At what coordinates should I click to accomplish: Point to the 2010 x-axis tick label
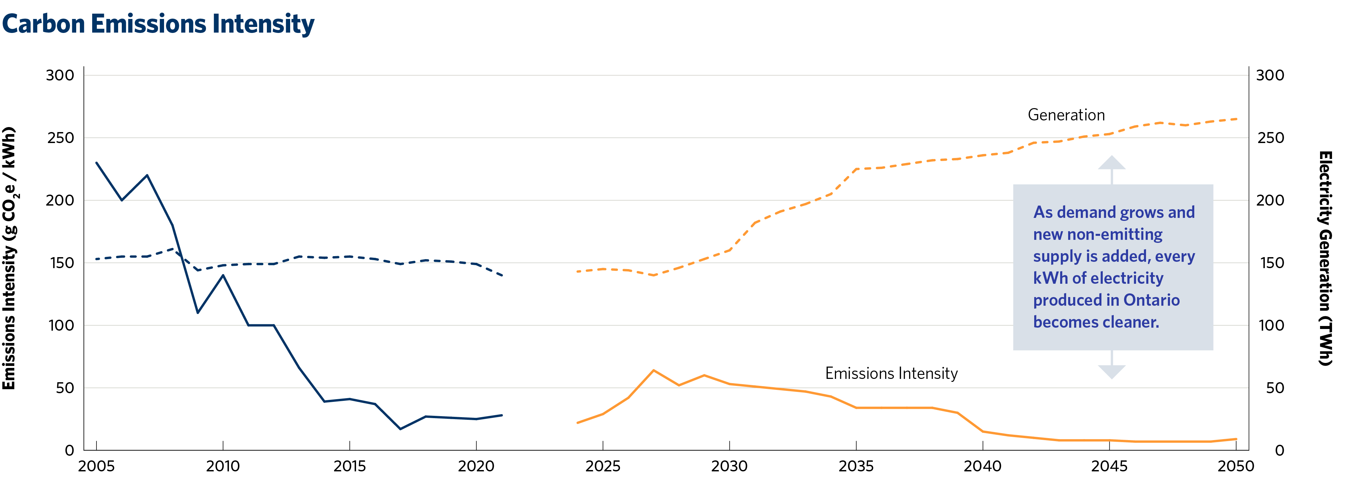tap(223, 466)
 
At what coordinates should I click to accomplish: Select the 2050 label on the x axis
tap(1236, 466)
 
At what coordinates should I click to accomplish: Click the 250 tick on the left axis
tap(60, 138)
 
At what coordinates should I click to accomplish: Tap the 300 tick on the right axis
tap(1270, 75)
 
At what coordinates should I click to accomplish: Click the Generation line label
tap(1066, 115)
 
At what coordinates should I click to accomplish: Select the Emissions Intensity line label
tap(891, 374)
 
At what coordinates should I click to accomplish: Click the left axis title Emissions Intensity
tap(9, 258)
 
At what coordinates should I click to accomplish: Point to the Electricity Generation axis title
tap(1325, 258)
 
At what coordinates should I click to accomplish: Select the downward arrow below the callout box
tap(1111, 371)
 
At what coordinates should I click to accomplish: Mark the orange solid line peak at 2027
tap(654, 370)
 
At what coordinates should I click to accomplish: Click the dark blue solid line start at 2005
tap(97, 163)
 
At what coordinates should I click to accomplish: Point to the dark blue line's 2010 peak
tap(223, 275)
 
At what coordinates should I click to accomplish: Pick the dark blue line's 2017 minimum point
tap(400, 429)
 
